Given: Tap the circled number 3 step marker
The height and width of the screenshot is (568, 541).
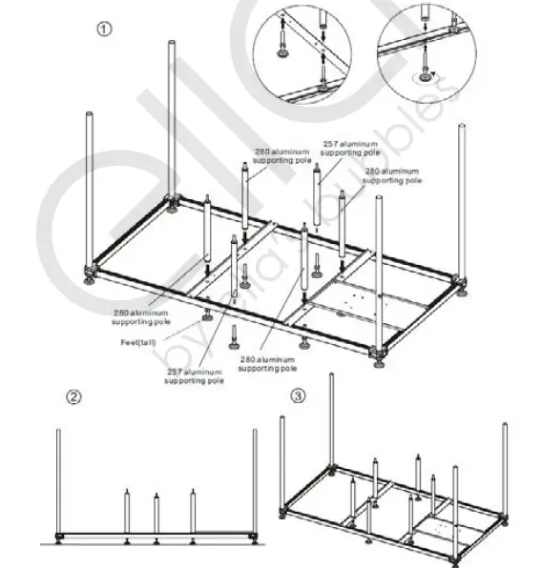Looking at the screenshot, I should tap(299, 396).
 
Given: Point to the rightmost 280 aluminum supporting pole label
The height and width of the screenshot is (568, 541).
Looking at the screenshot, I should tap(391, 174).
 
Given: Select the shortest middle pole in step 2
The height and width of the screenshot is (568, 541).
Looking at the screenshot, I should tap(156, 515).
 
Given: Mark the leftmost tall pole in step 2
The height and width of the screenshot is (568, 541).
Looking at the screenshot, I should tap(59, 481).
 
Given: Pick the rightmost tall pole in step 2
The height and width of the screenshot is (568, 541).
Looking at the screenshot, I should tap(255, 481).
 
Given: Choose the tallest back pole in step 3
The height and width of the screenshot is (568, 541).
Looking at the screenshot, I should tap(331, 419).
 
